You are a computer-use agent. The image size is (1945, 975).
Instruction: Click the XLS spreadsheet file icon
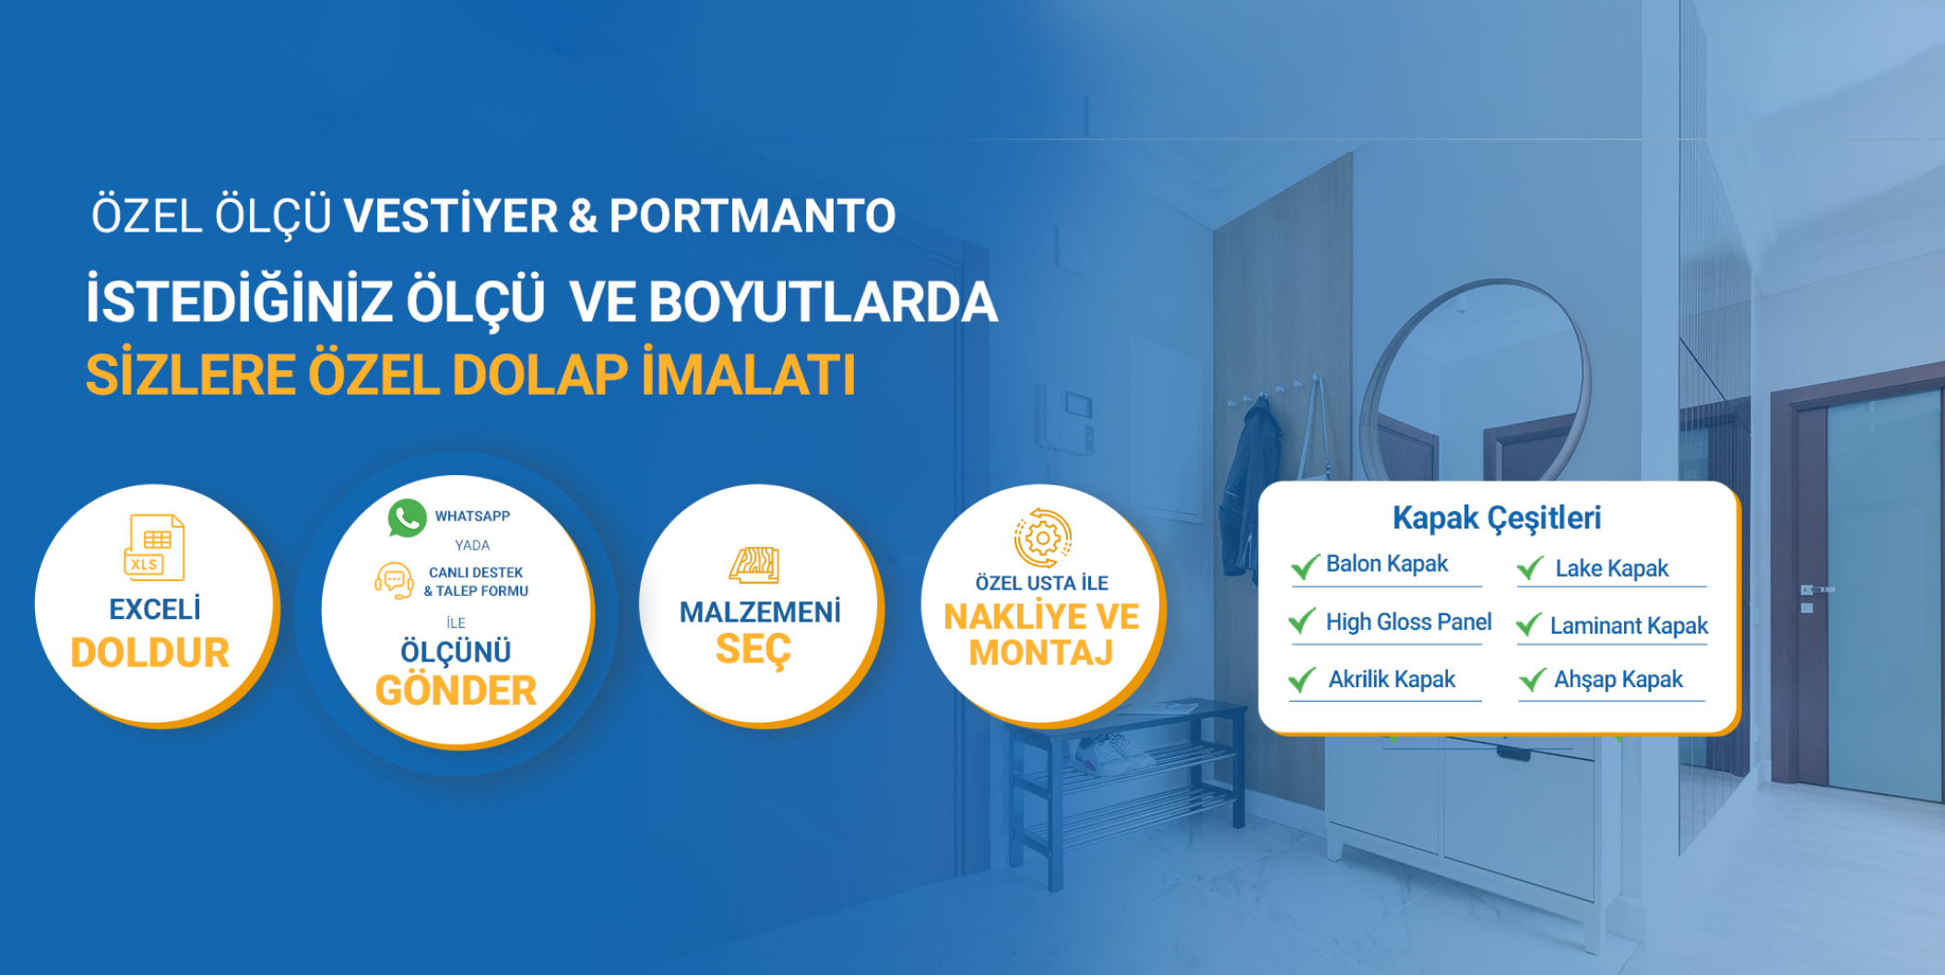pyautogui.click(x=154, y=547)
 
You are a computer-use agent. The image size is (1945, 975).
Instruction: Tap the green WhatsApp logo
pyautogui.click(x=407, y=517)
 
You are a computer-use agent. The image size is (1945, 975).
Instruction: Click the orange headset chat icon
pyautogui.click(x=394, y=581)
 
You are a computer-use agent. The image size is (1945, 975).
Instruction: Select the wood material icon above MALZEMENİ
pyautogui.click(x=754, y=565)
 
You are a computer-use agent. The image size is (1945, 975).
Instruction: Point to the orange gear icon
pyautogui.click(x=1043, y=537)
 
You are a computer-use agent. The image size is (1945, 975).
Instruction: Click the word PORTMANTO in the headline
pyautogui.click(x=753, y=216)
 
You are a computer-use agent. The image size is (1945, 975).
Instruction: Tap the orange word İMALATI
pyautogui.click(x=749, y=375)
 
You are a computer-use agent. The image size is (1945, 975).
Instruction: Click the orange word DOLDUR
pyautogui.click(x=150, y=653)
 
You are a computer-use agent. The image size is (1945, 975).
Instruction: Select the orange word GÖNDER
pyautogui.click(x=456, y=691)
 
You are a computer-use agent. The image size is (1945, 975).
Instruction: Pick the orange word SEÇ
pyautogui.click(x=753, y=650)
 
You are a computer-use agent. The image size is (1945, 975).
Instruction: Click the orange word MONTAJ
pyautogui.click(x=1041, y=653)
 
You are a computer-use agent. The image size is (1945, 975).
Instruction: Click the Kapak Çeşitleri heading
pyautogui.click(x=1497, y=518)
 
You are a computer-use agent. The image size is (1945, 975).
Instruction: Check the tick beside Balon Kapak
pyautogui.click(x=1305, y=566)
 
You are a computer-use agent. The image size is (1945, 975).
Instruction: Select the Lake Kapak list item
pyautogui.click(x=1612, y=568)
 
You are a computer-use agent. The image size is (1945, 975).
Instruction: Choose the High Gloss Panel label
pyautogui.click(x=1408, y=623)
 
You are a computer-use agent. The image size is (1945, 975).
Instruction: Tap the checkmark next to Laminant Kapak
pyautogui.click(x=1529, y=624)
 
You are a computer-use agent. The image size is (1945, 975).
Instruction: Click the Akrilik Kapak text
pyautogui.click(x=1392, y=680)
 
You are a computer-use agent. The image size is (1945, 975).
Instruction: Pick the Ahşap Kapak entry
pyautogui.click(x=1619, y=681)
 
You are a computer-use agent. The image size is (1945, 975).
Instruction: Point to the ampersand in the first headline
pyautogui.click(x=583, y=216)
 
